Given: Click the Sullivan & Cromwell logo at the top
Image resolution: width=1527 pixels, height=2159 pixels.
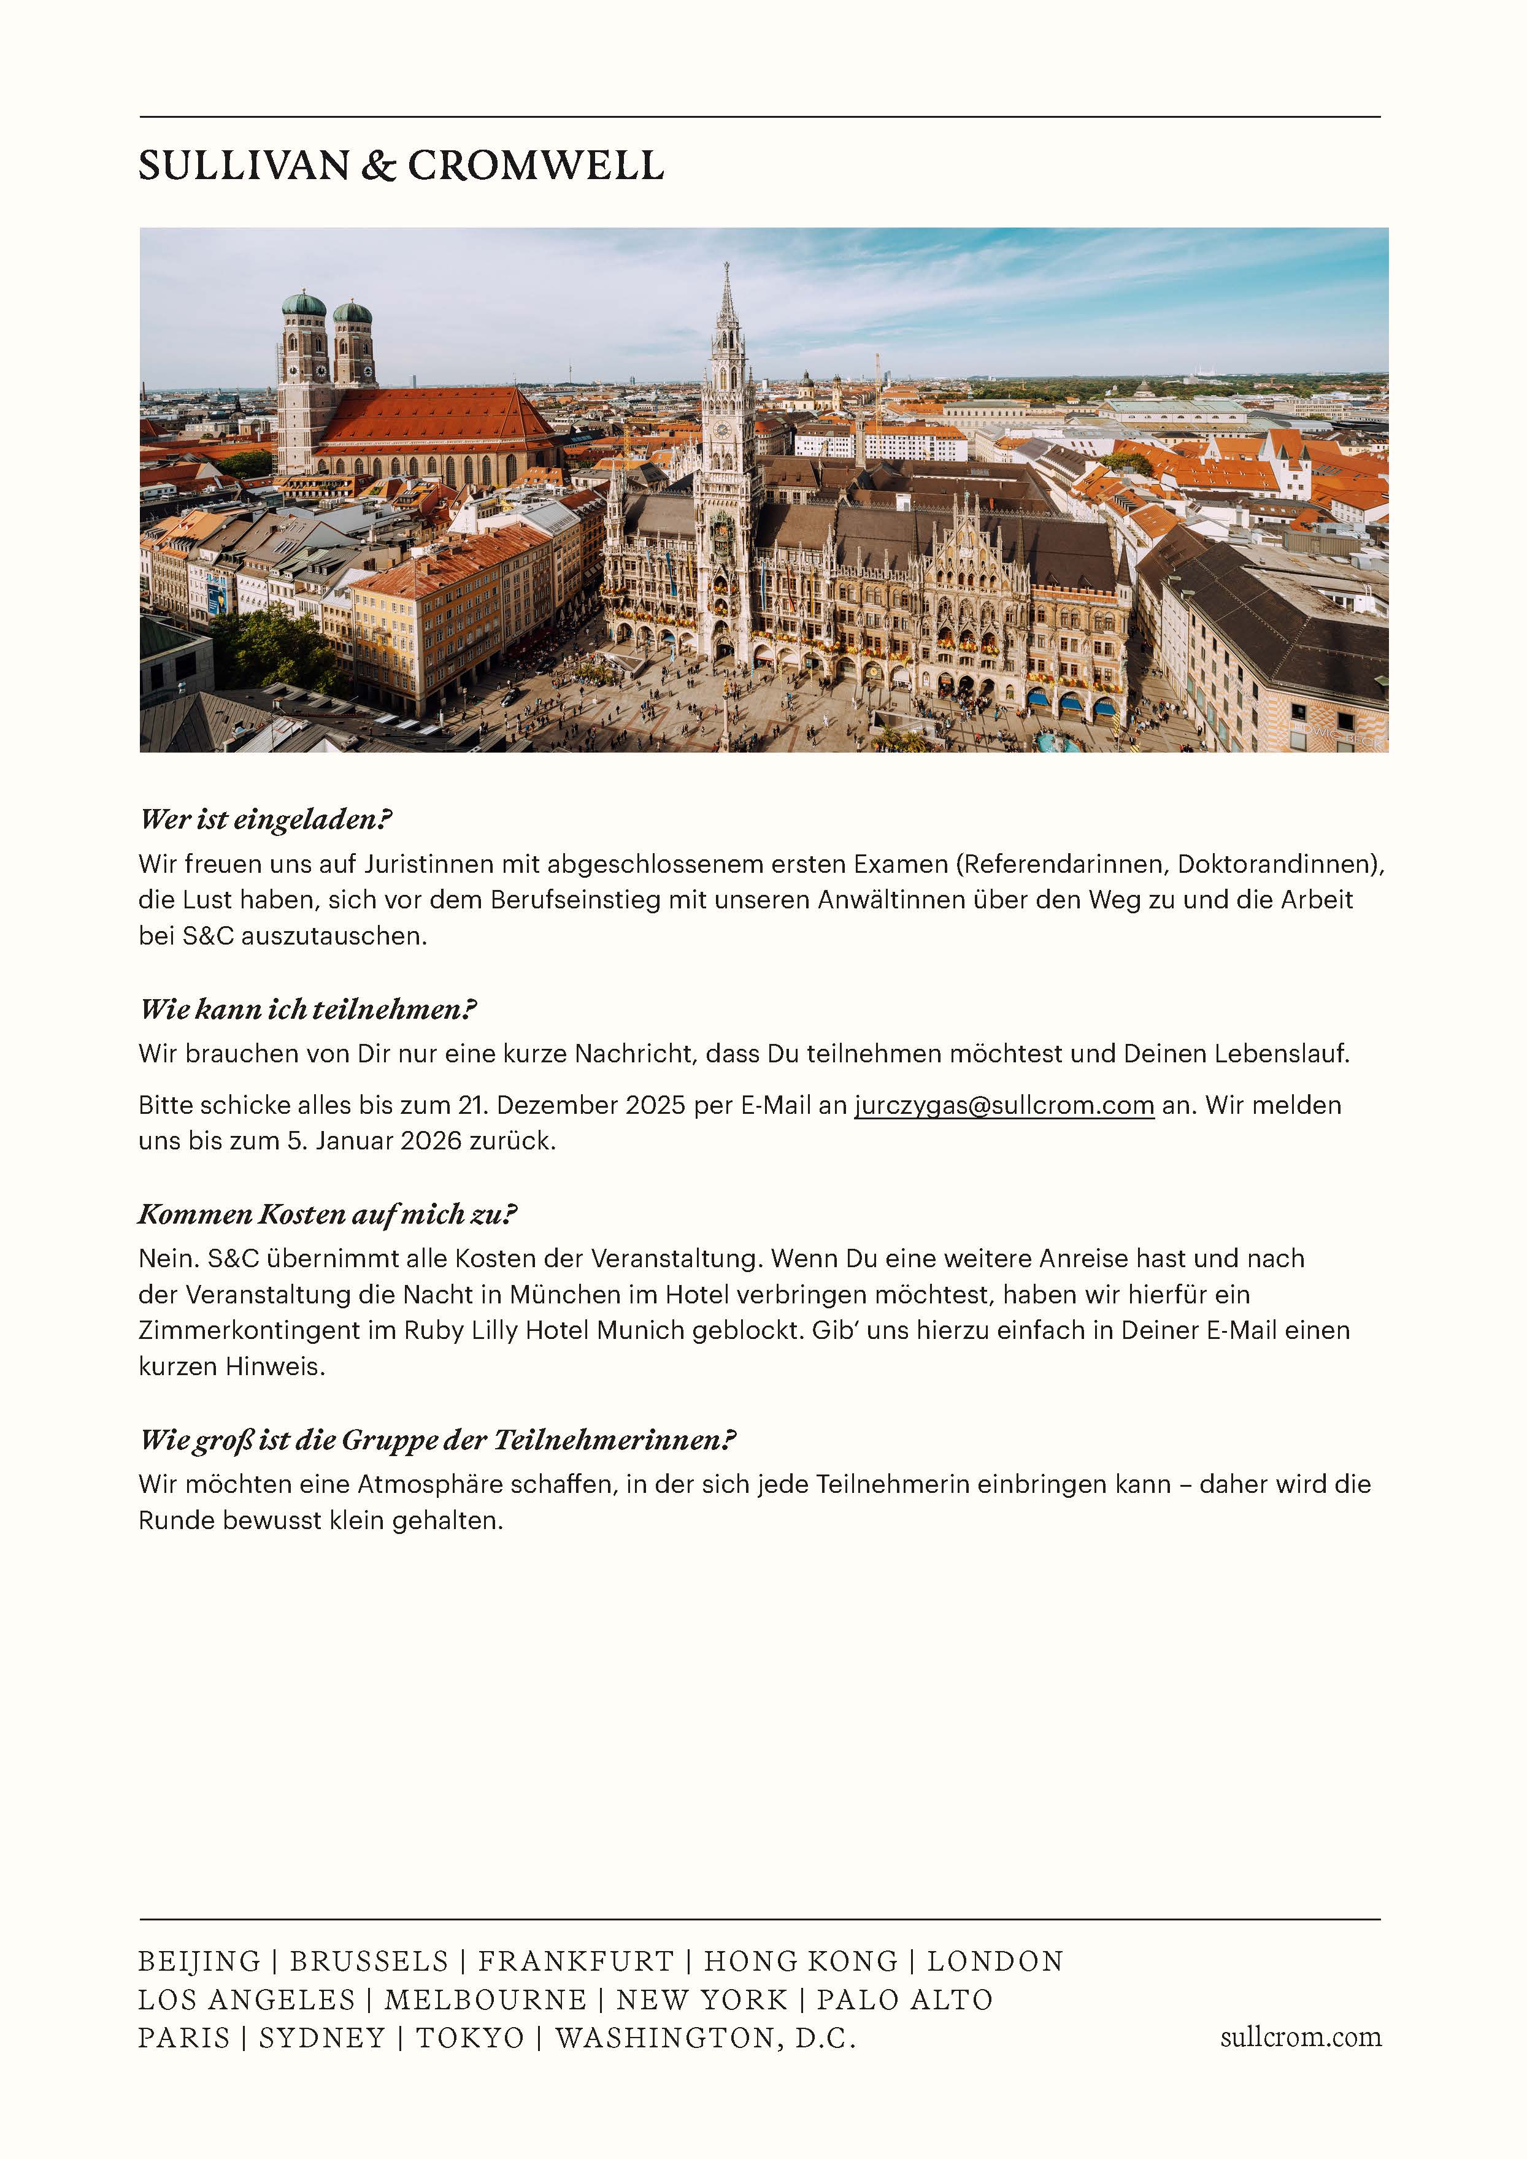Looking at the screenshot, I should [x=401, y=166].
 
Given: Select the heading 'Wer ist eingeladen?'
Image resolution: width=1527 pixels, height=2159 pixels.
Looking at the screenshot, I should [x=264, y=819].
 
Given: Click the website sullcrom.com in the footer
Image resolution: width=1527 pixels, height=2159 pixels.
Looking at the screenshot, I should [x=1301, y=2037].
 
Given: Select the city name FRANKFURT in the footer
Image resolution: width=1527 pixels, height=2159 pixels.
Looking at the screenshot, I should [x=575, y=1961].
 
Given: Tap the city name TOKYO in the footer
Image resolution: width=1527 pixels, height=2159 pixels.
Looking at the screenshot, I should [x=470, y=2037].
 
